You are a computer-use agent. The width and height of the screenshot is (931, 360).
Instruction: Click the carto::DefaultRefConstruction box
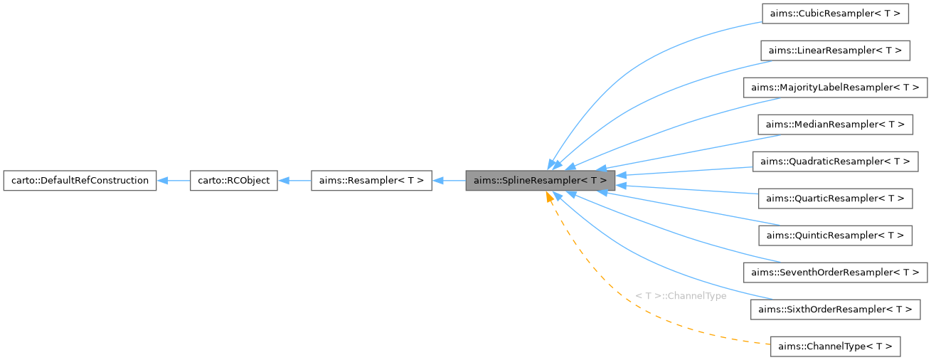pos(80,181)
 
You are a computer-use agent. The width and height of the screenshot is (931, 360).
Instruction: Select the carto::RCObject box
pos(233,181)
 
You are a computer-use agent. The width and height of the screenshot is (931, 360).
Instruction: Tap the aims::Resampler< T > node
pos(371,181)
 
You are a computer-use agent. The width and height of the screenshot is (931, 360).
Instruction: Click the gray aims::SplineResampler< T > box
pos(540,181)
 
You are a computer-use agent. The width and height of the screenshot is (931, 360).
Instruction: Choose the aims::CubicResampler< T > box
pos(835,14)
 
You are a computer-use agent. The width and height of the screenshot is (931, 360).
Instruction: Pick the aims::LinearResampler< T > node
pos(835,51)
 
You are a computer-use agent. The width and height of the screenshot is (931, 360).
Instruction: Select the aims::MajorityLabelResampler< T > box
pos(835,88)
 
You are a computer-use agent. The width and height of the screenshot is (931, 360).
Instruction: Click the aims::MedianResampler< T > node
pos(835,125)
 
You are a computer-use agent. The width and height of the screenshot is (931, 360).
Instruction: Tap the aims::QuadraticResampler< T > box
pos(835,162)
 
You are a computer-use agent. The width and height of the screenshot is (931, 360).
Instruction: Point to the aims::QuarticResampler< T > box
pos(835,198)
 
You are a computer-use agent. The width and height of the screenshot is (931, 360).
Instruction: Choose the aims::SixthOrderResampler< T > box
pos(835,309)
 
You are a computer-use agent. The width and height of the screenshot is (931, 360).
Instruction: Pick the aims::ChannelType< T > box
pos(835,346)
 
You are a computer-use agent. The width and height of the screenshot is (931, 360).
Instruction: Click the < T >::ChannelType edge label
pos(681,296)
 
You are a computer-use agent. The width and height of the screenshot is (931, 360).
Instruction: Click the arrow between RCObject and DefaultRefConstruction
pos(173,181)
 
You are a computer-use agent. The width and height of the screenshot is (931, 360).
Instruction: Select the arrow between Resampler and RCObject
pos(294,181)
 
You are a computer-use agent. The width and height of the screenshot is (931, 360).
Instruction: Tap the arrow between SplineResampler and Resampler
pos(449,181)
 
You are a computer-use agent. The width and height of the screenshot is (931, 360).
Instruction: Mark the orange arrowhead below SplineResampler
pos(549,197)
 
